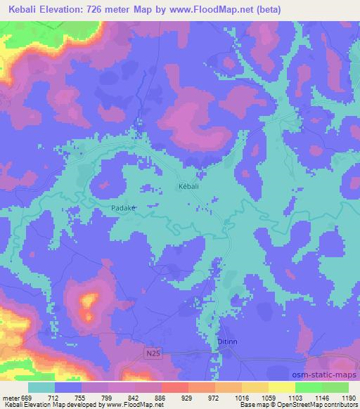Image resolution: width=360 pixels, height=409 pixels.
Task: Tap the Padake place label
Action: click(x=122, y=209)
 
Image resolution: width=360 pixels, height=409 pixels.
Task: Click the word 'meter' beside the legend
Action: click(x=9, y=397)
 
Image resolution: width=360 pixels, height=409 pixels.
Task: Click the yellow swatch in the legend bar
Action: click(x=281, y=387)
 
